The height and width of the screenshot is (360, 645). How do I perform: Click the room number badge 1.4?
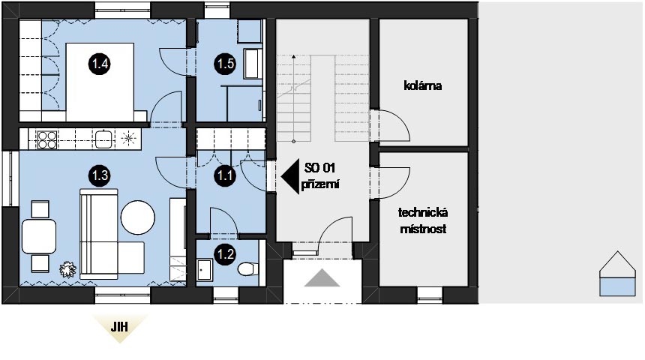(x=100, y=64)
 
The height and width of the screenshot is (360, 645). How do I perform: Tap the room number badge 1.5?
(x=225, y=64)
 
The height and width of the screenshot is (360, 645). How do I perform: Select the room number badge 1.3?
(x=100, y=175)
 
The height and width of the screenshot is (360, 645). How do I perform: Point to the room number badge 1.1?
(x=225, y=175)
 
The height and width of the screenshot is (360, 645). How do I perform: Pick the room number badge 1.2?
(x=226, y=254)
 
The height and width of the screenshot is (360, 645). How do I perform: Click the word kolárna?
(x=423, y=85)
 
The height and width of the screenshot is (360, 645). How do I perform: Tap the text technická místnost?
(x=423, y=220)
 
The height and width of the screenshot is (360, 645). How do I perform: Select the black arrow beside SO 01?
(x=290, y=177)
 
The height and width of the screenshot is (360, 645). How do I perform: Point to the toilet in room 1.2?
(x=248, y=268)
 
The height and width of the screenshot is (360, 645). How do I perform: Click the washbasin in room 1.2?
(x=204, y=269)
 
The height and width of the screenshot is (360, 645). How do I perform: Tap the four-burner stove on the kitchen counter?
(x=47, y=139)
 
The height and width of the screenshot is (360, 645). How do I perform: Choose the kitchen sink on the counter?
(x=103, y=139)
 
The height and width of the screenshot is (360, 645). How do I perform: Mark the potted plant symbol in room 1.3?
(x=67, y=270)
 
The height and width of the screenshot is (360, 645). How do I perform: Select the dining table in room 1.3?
(x=39, y=236)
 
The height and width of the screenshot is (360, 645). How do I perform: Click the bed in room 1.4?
(x=100, y=82)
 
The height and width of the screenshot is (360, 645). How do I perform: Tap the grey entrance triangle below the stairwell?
(x=322, y=277)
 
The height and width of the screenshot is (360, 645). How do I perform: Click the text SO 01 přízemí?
(x=320, y=176)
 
